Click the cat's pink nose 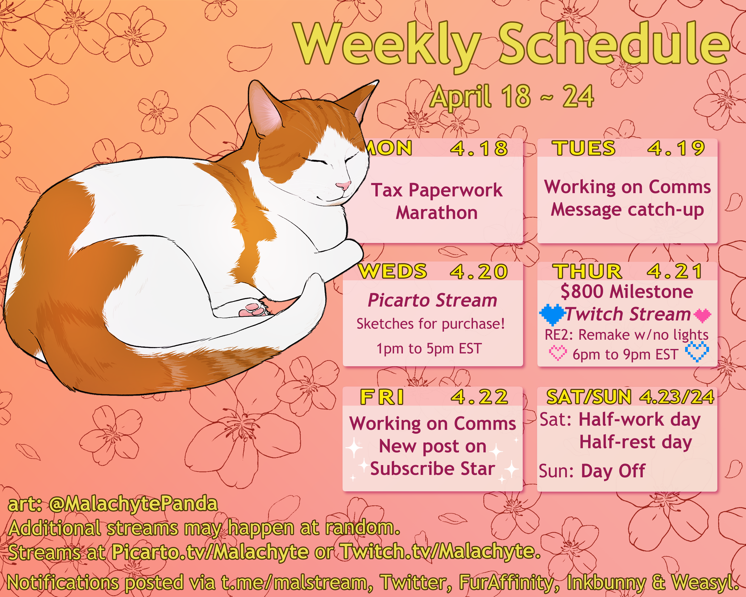pos(343,185)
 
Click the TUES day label pos(584,148)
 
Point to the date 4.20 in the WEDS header pos(479,271)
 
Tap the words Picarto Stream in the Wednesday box pos(432,300)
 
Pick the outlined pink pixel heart pos(558,353)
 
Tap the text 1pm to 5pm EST pos(429,349)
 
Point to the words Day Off pos(613,471)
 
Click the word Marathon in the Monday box pos(437,213)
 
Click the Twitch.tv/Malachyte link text pos(440,551)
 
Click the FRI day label pos(382,397)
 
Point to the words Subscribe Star pos(432,469)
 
